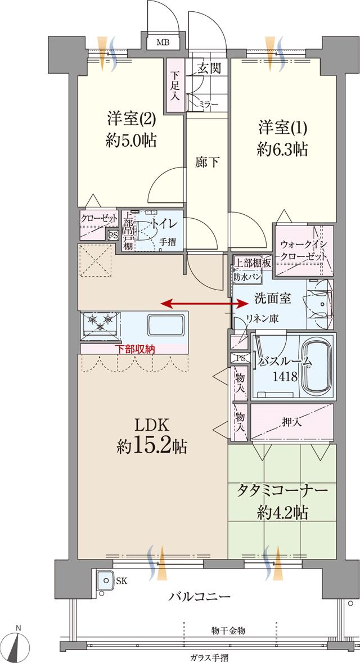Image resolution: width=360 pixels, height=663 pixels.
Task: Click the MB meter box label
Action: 163,43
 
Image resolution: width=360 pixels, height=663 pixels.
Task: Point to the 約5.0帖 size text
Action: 130,141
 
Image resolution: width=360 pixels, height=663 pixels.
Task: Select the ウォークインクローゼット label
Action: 303,250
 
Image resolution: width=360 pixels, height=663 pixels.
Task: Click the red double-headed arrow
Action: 205,304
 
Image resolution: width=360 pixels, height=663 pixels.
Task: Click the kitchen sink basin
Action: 165,326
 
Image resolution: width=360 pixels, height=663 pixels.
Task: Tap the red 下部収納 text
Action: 134,349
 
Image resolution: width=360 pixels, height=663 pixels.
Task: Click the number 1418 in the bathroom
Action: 285,376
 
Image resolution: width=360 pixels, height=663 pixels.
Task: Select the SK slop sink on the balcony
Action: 103,580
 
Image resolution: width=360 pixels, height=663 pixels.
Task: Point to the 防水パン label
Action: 247,277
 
